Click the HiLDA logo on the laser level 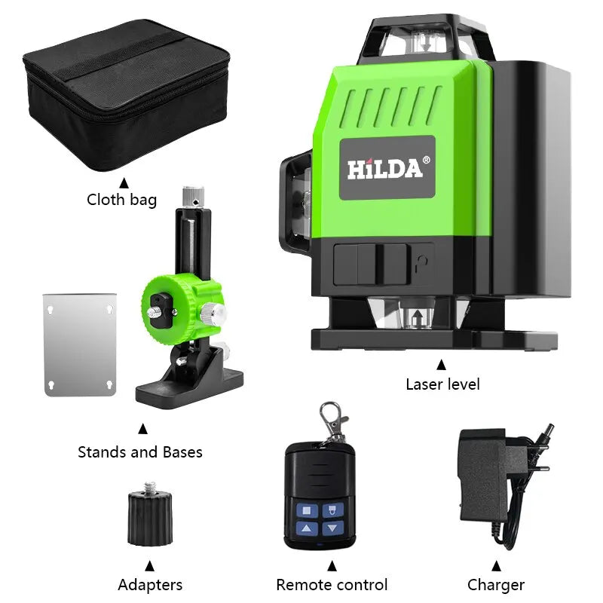[x=384, y=168]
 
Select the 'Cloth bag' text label [x=122, y=200]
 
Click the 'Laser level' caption [x=442, y=384]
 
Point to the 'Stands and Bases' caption [x=140, y=452]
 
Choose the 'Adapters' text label [x=150, y=584]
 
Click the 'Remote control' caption [x=332, y=584]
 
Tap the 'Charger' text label [x=496, y=584]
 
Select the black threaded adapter [x=150, y=517]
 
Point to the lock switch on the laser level [x=381, y=264]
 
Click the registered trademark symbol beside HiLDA [x=427, y=160]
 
